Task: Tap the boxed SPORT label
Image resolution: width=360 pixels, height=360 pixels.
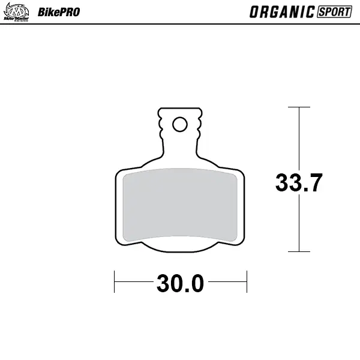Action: click(334, 11)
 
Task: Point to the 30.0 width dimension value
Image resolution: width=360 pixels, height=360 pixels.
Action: click(181, 283)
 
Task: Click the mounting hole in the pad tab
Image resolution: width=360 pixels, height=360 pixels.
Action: click(179, 124)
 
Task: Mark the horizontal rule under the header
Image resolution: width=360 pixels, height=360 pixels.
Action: click(180, 24)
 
